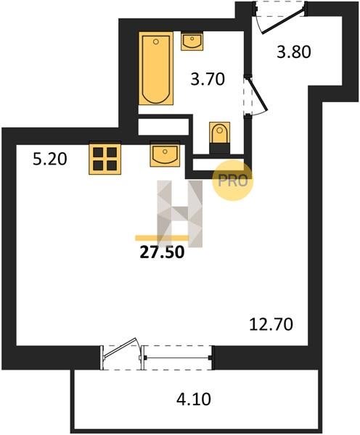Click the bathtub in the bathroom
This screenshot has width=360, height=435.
156,68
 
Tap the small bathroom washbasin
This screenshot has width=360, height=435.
192,41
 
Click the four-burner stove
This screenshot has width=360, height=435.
105,158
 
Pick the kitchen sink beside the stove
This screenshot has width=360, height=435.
165,154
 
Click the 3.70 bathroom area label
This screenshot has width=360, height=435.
208,79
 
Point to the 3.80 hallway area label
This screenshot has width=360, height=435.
294,52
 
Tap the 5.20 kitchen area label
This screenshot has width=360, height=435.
50,159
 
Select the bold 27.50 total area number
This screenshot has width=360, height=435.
162,252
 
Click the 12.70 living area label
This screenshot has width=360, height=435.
271,324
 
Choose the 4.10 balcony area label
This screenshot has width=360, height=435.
194,399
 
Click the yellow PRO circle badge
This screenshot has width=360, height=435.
233,181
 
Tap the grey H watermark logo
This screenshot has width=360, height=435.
180,213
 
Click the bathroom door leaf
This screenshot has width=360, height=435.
257,94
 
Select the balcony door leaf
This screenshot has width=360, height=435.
120,347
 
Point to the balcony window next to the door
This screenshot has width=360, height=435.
178,358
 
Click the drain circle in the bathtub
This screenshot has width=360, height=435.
156,41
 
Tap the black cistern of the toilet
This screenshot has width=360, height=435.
219,149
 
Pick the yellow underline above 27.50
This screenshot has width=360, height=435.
163,238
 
